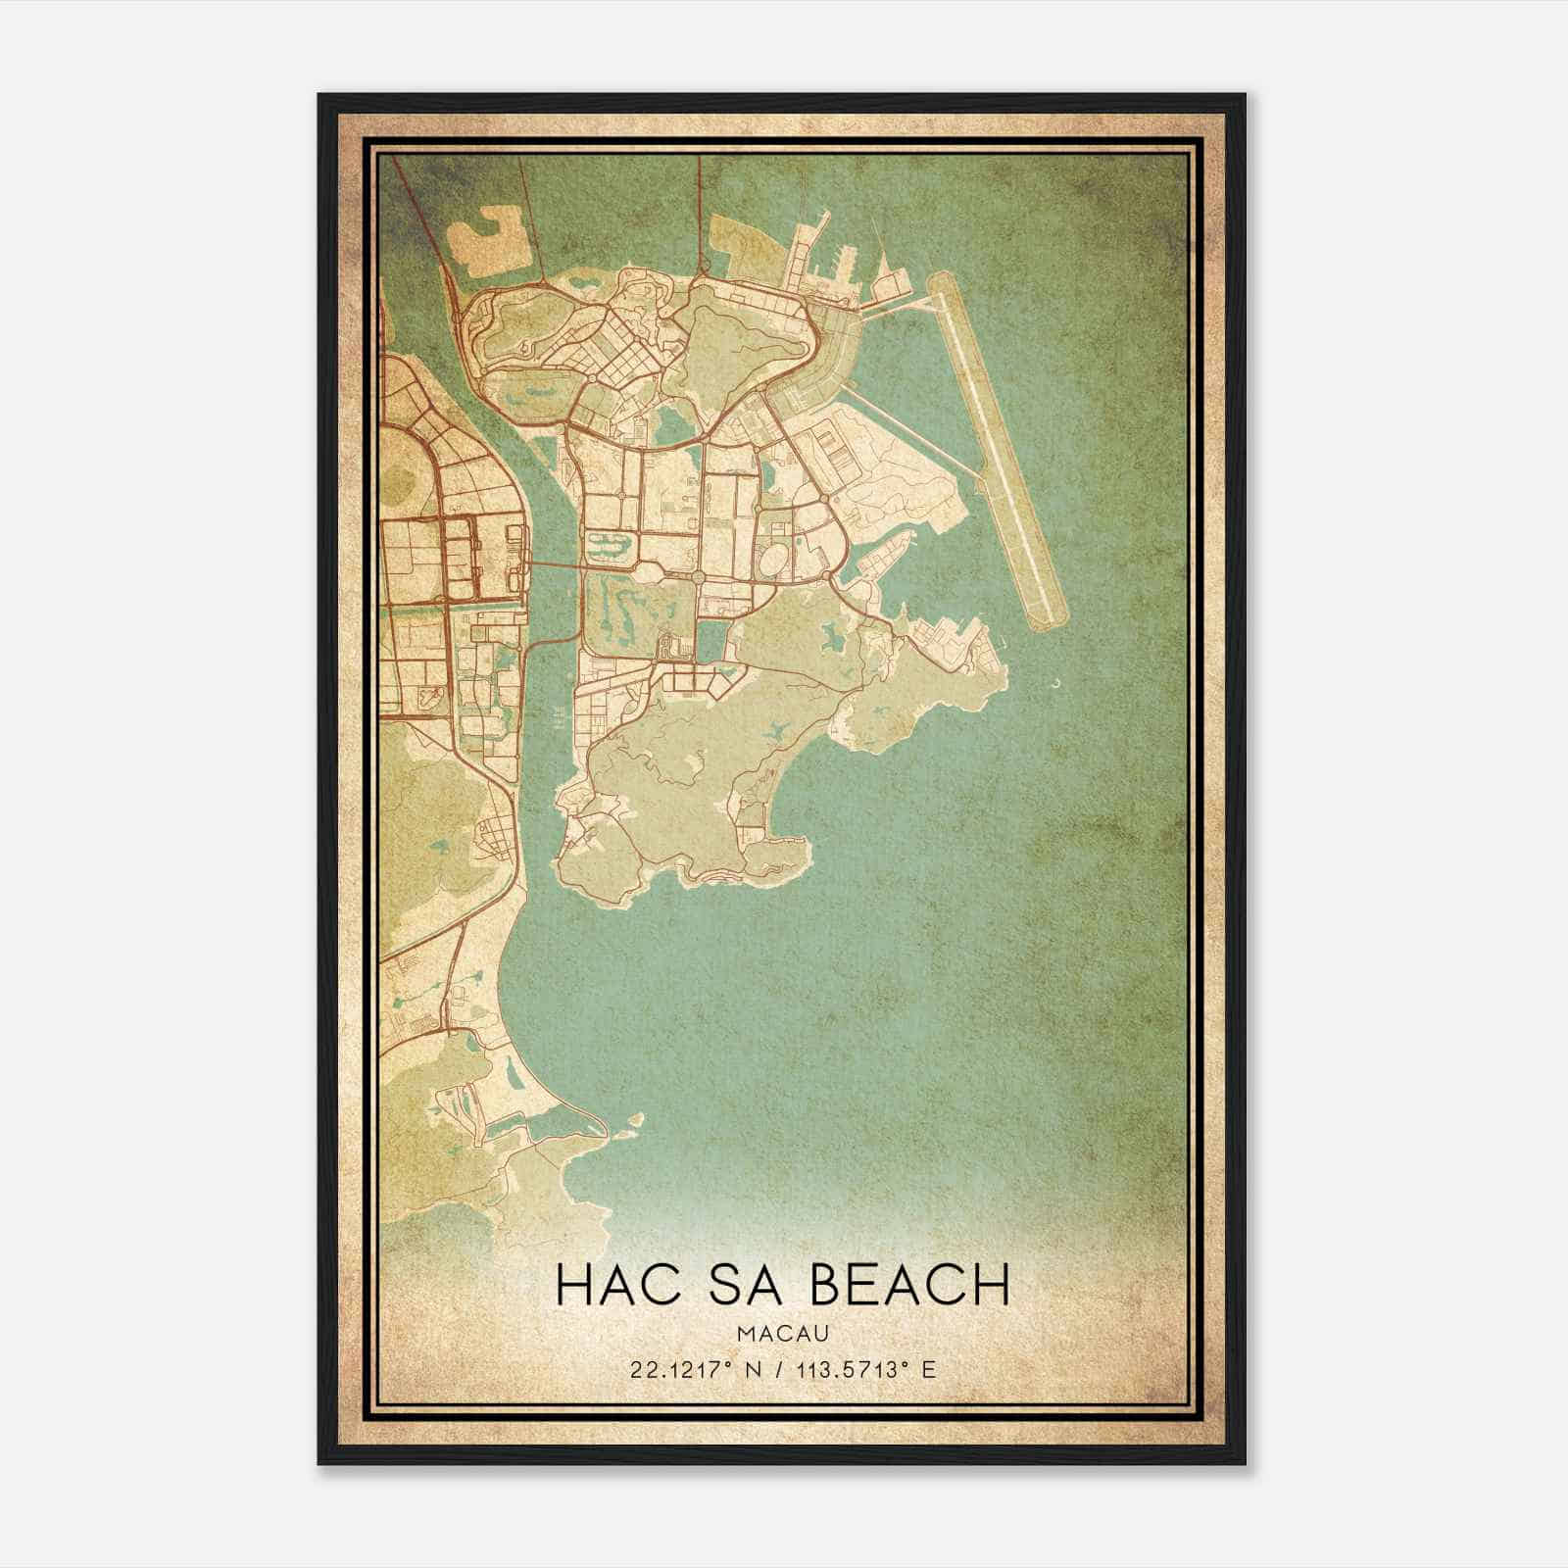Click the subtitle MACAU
click(783, 1334)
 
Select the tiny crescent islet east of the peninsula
click(1055, 685)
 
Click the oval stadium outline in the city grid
click(771, 563)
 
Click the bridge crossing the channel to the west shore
click(555, 565)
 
